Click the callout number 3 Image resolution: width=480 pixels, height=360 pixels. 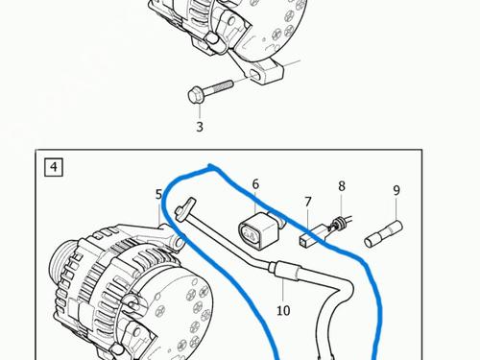[200, 127]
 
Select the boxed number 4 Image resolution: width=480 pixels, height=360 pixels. [54, 167]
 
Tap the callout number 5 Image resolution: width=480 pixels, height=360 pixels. [158, 194]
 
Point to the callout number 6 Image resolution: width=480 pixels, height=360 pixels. [255, 184]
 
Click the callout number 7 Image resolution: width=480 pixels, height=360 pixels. [308, 202]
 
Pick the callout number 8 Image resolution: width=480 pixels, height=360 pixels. [342, 186]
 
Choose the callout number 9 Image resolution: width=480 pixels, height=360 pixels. [396, 190]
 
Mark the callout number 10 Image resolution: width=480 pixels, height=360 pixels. [283, 310]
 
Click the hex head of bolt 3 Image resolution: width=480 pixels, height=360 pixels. [195, 95]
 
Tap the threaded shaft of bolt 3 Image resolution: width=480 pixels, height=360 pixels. [218, 88]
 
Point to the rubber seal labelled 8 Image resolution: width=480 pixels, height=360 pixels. [337, 223]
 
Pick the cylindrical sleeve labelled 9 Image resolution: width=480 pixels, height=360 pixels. [383, 233]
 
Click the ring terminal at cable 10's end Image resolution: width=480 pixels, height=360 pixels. [186, 208]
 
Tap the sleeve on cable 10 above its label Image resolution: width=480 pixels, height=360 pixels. [285, 271]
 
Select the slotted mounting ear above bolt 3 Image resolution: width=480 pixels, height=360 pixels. [261, 73]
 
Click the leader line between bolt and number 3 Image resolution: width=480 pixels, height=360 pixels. [200, 111]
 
